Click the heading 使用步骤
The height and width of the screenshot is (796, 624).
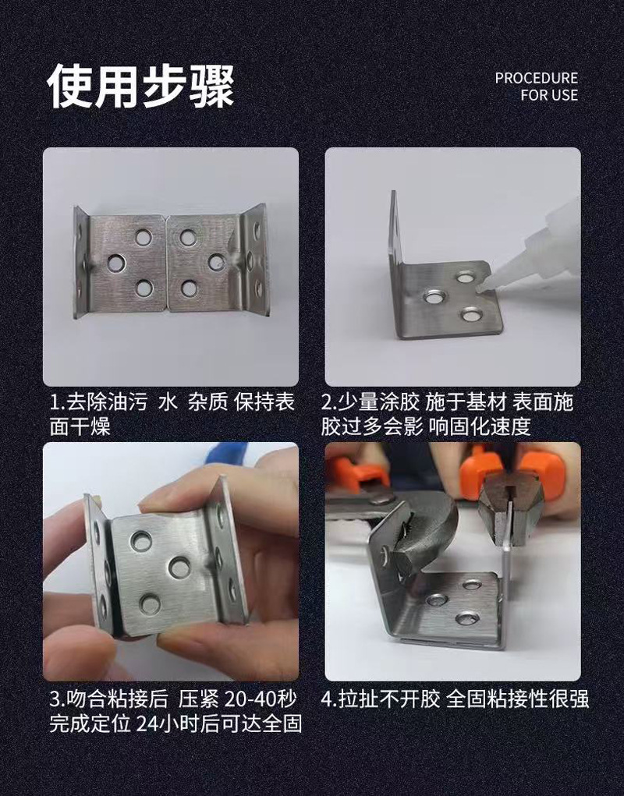point(141,87)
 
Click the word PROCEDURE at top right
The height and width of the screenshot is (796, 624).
point(536,79)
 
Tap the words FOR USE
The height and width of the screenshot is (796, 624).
point(548,96)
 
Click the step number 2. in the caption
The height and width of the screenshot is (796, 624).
point(329,404)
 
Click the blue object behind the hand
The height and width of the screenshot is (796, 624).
point(227,455)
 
